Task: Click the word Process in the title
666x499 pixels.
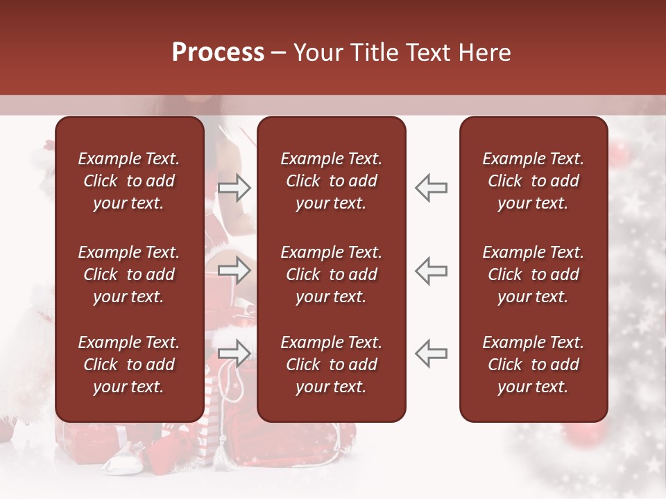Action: (218, 52)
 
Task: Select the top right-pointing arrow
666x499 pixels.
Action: (234, 188)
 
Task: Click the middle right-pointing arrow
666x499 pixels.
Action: (234, 270)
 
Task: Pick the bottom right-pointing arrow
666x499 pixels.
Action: (234, 353)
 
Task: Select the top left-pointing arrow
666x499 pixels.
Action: (431, 188)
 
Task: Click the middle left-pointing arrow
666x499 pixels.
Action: (431, 270)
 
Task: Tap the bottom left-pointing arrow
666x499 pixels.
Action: (431, 353)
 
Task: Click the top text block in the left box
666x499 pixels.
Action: (129, 181)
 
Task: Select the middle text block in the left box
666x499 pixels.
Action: (129, 274)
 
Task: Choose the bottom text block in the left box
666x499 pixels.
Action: (129, 365)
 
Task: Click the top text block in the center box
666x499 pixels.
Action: (331, 181)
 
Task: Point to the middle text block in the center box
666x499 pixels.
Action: (331, 274)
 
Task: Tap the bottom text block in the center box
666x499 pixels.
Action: (331, 365)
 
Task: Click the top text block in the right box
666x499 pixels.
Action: (533, 181)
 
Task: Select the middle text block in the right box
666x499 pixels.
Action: (533, 274)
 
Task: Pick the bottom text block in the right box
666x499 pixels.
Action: (533, 365)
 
